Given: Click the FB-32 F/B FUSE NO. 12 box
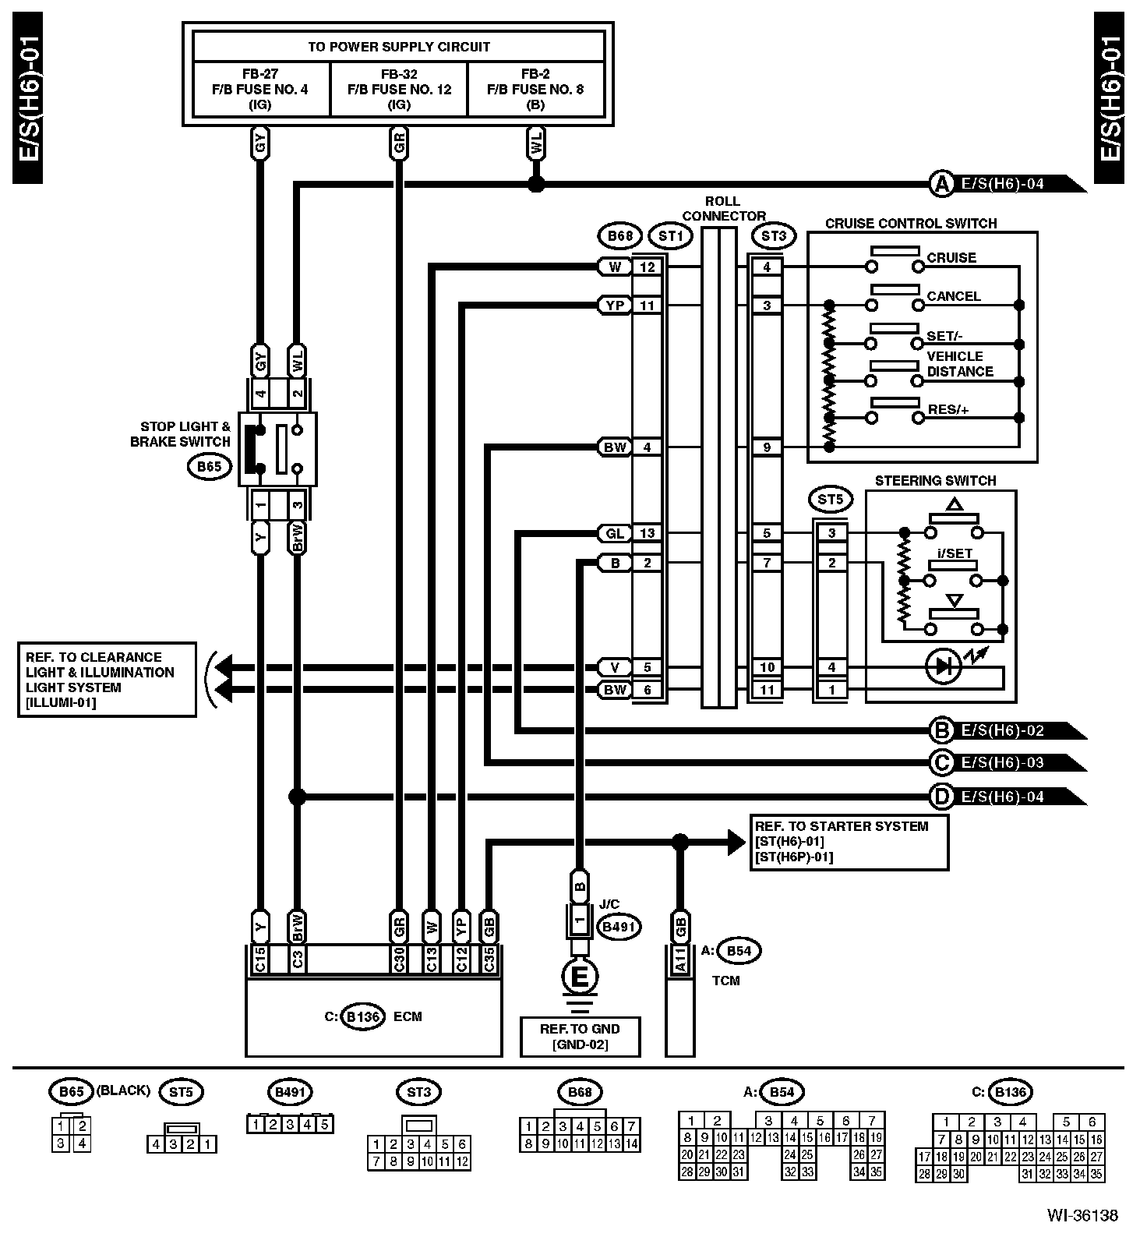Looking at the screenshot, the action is click(x=399, y=89).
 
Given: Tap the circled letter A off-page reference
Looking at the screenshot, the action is click(x=942, y=185).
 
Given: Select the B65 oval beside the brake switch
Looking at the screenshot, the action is click(x=210, y=467).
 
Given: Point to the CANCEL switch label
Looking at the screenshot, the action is click(x=954, y=296).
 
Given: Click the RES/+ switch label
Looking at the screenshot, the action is click(x=948, y=410).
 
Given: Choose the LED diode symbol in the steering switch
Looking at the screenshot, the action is click(x=944, y=667).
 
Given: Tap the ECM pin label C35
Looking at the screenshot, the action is click(x=489, y=959).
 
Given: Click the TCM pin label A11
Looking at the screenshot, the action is click(x=679, y=959).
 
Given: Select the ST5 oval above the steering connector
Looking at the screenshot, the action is click(x=831, y=500).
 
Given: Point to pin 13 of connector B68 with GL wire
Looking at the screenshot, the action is click(x=648, y=533).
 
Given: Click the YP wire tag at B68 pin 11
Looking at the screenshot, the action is click(x=615, y=306).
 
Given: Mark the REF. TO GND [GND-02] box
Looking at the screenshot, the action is click(x=580, y=1037).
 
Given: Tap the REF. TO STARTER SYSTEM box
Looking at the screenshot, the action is click(x=849, y=842).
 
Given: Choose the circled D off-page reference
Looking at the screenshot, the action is click(x=942, y=797).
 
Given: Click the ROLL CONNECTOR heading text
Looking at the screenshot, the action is click(x=723, y=209).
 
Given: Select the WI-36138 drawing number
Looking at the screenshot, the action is click(x=1082, y=1215).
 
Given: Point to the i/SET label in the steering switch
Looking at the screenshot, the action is click(x=955, y=554).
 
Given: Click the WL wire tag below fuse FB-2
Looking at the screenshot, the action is click(x=536, y=144).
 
